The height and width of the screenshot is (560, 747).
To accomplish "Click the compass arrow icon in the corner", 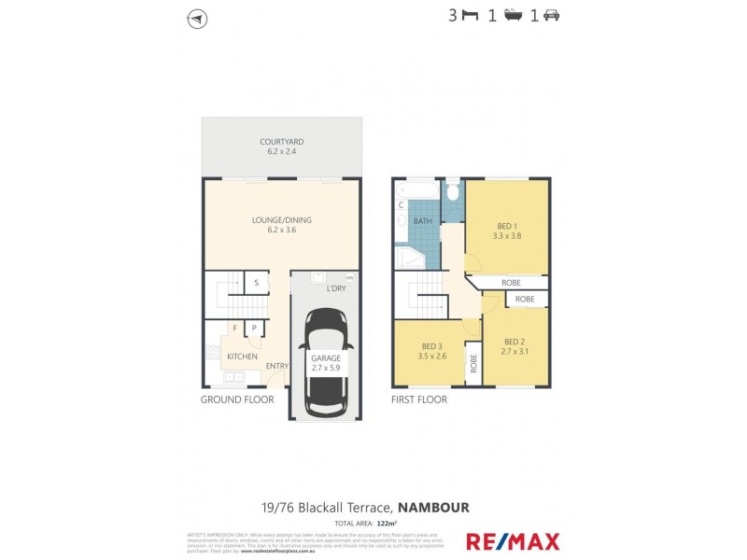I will pyautogui.click(x=197, y=19).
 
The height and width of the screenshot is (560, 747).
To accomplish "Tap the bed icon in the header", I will pyautogui.click(x=470, y=15).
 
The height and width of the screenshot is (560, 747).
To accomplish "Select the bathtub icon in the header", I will pyautogui.click(x=513, y=15).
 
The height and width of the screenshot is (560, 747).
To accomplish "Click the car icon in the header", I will pyautogui.click(x=551, y=15).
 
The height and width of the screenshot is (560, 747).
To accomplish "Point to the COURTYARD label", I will pyautogui.click(x=281, y=142).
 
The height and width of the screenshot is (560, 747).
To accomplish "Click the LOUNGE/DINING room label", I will pyautogui.click(x=281, y=220).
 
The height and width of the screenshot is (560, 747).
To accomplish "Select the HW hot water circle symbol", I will pyautogui.click(x=349, y=277).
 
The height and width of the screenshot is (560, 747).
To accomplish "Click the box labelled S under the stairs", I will pyautogui.click(x=255, y=283).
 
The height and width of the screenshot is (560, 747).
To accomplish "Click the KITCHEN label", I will pyautogui.click(x=216, y=357).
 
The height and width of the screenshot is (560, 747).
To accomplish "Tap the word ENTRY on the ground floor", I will pyautogui.click(x=276, y=366).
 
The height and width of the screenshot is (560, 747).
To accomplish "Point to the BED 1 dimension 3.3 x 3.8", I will pyautogui.click(x=506, y=235).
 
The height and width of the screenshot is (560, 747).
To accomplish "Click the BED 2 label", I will pyautogui.click(x=515, y=342).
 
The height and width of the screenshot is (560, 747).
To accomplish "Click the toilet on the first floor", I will pyautogui.click(x=453, y=191).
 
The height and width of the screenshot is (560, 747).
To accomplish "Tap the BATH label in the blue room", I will pyautogui.click(x=422, y=221).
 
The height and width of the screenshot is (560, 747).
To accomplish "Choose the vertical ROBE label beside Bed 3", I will pyautogui.click(x=472, y=363).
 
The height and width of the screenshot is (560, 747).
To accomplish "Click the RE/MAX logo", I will pyautogui.click(x=513, y=540).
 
